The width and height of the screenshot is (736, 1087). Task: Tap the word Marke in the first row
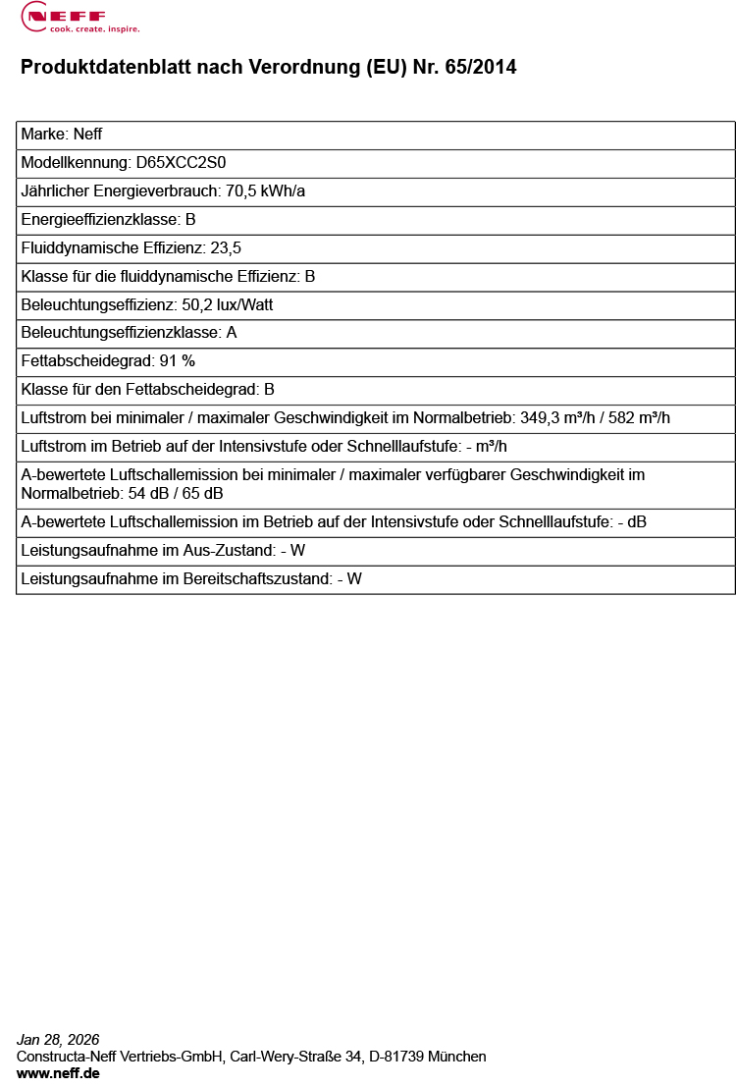42,135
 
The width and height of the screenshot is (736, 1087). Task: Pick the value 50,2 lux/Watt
228,305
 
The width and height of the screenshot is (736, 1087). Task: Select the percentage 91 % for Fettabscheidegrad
178,361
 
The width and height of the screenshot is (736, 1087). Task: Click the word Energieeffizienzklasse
99,220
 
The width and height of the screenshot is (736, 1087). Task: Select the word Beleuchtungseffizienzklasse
120,333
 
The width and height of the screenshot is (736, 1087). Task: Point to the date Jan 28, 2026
58,1040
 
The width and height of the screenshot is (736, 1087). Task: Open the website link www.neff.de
58,1073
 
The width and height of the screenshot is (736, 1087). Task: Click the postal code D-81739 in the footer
395,1057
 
